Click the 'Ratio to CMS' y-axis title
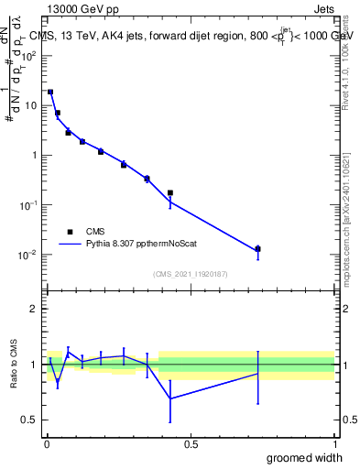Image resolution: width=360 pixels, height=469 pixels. click(x=15, y=365)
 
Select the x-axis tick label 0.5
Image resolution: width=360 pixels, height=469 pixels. click(x=191, y=443)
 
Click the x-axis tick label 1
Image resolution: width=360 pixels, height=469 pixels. click(x=334, y=443)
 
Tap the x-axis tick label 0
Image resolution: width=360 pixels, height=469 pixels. click(x=47, y=443)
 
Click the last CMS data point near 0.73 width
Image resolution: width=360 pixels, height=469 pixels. click(x=258, y=249)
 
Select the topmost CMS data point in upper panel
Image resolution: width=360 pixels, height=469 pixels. click(x=50, y=92)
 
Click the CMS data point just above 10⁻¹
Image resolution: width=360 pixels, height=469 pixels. click(x=170, y=192)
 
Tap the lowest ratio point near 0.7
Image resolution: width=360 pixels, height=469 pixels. click(x=170, y=398)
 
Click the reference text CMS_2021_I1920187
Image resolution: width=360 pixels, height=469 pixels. click(x=191, y=274)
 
